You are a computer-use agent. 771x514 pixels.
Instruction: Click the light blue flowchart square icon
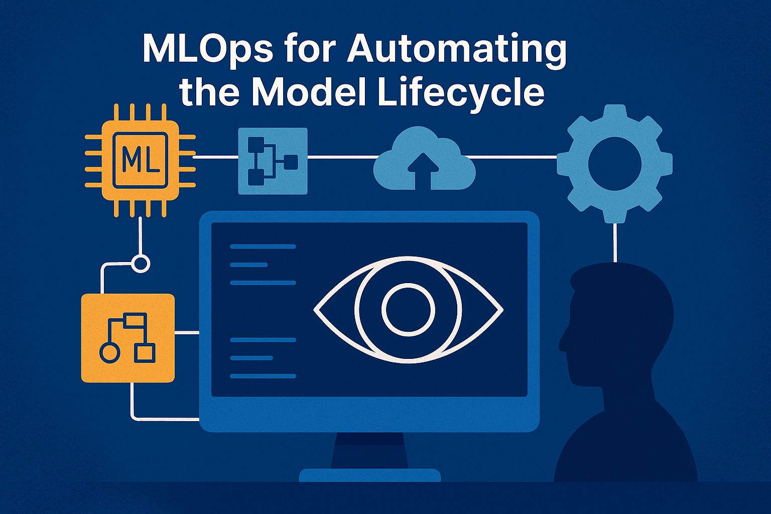pos(273,161)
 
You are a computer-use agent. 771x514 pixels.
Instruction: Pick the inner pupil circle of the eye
pos(408,309)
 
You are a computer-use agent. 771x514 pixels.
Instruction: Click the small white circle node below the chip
pos(141,264)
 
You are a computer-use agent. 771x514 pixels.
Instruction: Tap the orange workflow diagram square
pos(128,338)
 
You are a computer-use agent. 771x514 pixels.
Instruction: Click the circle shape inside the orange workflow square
pos(109,352)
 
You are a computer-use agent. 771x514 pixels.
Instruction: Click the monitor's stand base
pos(369,475)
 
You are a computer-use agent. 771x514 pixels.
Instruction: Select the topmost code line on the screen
pos(263,246)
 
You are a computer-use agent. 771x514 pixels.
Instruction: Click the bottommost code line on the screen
pos(263,376)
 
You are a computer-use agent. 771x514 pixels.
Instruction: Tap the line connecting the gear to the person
pos(614,242)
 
